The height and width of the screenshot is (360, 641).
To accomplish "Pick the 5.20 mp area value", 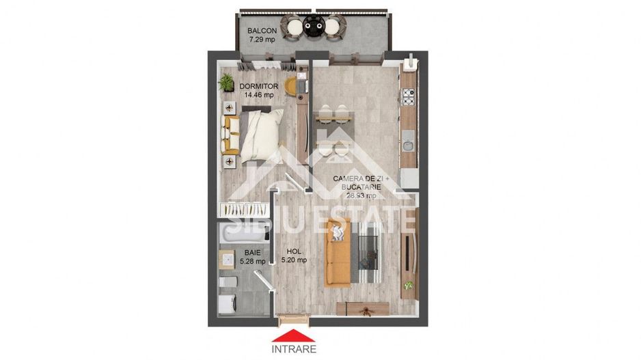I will click(294, 260).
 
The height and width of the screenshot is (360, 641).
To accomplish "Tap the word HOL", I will click(294, 251).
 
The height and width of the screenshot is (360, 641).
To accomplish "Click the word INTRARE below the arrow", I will click(294, 349).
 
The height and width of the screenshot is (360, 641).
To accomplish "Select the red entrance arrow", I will click(294, 335).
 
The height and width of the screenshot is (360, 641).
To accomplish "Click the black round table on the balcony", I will click(314, 27).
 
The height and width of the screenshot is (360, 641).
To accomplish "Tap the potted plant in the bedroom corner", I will click(226, 83).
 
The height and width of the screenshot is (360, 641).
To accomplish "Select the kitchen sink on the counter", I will click(407, 144).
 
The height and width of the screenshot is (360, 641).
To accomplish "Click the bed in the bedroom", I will click(256, 133).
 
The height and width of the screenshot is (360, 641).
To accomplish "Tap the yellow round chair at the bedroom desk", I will click(292, 86).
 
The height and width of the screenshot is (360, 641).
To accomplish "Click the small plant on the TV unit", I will click(409, 285).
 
